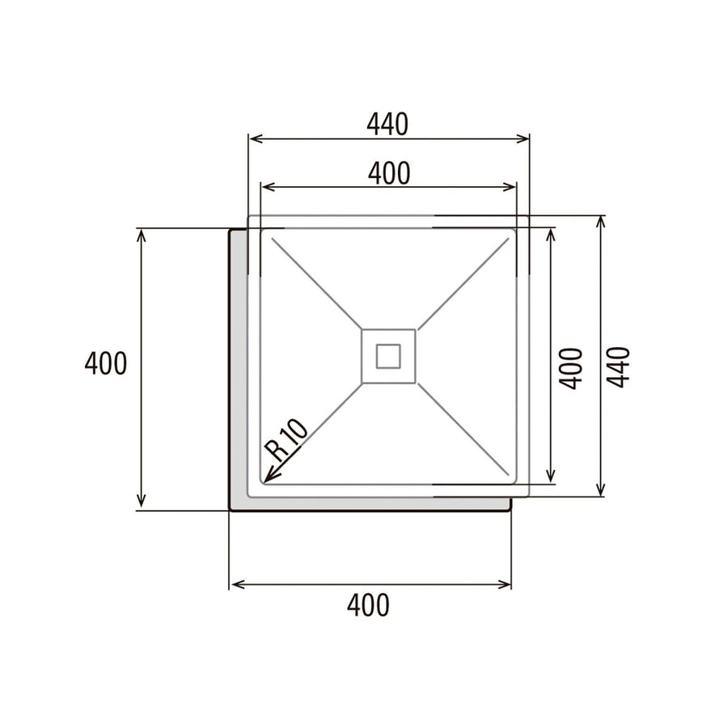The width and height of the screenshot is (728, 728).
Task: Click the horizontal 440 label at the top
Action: coord(387,124)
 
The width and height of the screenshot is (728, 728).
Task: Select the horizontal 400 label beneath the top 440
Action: coord(389,172)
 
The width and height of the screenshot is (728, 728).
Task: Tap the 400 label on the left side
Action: coord(106,364)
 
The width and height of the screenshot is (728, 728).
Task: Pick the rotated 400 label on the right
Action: coord(571,368)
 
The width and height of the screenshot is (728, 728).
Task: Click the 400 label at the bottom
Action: coord(368,605)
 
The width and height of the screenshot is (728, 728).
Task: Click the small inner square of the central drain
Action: coord(388,355)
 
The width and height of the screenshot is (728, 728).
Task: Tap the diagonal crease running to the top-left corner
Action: coord(315,283)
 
